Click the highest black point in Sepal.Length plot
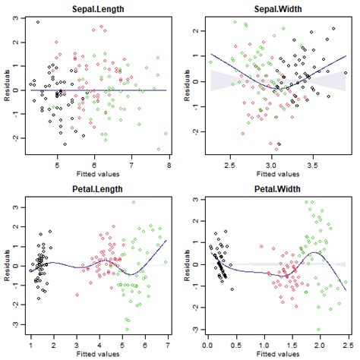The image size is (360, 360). point(38,22)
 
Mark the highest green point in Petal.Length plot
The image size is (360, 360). point(134,202)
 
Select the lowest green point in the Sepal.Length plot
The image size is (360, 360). point(166,150)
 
